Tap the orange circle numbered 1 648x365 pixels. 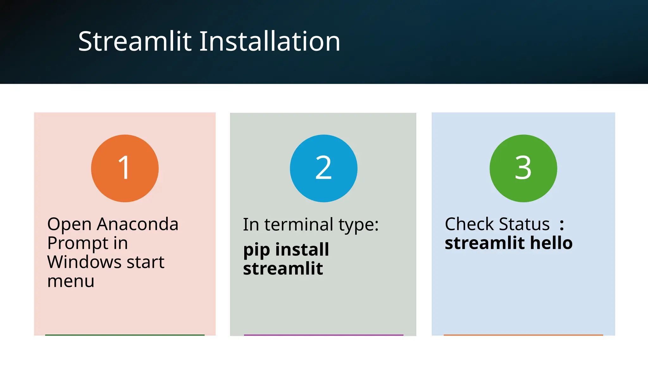pos(125,168)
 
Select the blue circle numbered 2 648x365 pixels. pos(323,168)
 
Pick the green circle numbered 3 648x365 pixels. pos(523,168)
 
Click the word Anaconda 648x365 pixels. pos(138,224)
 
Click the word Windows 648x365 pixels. pos(84,262)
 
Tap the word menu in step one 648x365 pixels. pos(71,281)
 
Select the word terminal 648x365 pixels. pos(298,225)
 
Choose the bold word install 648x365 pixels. pos(302,249)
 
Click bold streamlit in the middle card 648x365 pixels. pos(283,269)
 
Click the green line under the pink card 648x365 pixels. pos(125,335)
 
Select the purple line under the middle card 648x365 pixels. pos(323,335)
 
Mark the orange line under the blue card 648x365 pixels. pos(523,335)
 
